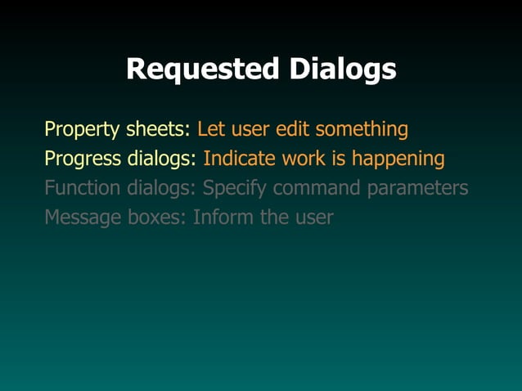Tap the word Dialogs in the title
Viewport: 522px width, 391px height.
click(343, 70)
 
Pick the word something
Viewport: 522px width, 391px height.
click(362, 129)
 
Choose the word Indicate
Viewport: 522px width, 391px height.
click(240, 159)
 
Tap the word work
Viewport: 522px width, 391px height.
click(304, 159)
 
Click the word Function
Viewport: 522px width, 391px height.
click(83, 188)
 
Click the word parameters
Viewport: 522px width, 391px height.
click(418, 188)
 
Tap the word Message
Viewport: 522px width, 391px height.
click(83, 218)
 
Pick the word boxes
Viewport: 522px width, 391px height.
click(157, 218)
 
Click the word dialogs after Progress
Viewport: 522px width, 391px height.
click(164, 159)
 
